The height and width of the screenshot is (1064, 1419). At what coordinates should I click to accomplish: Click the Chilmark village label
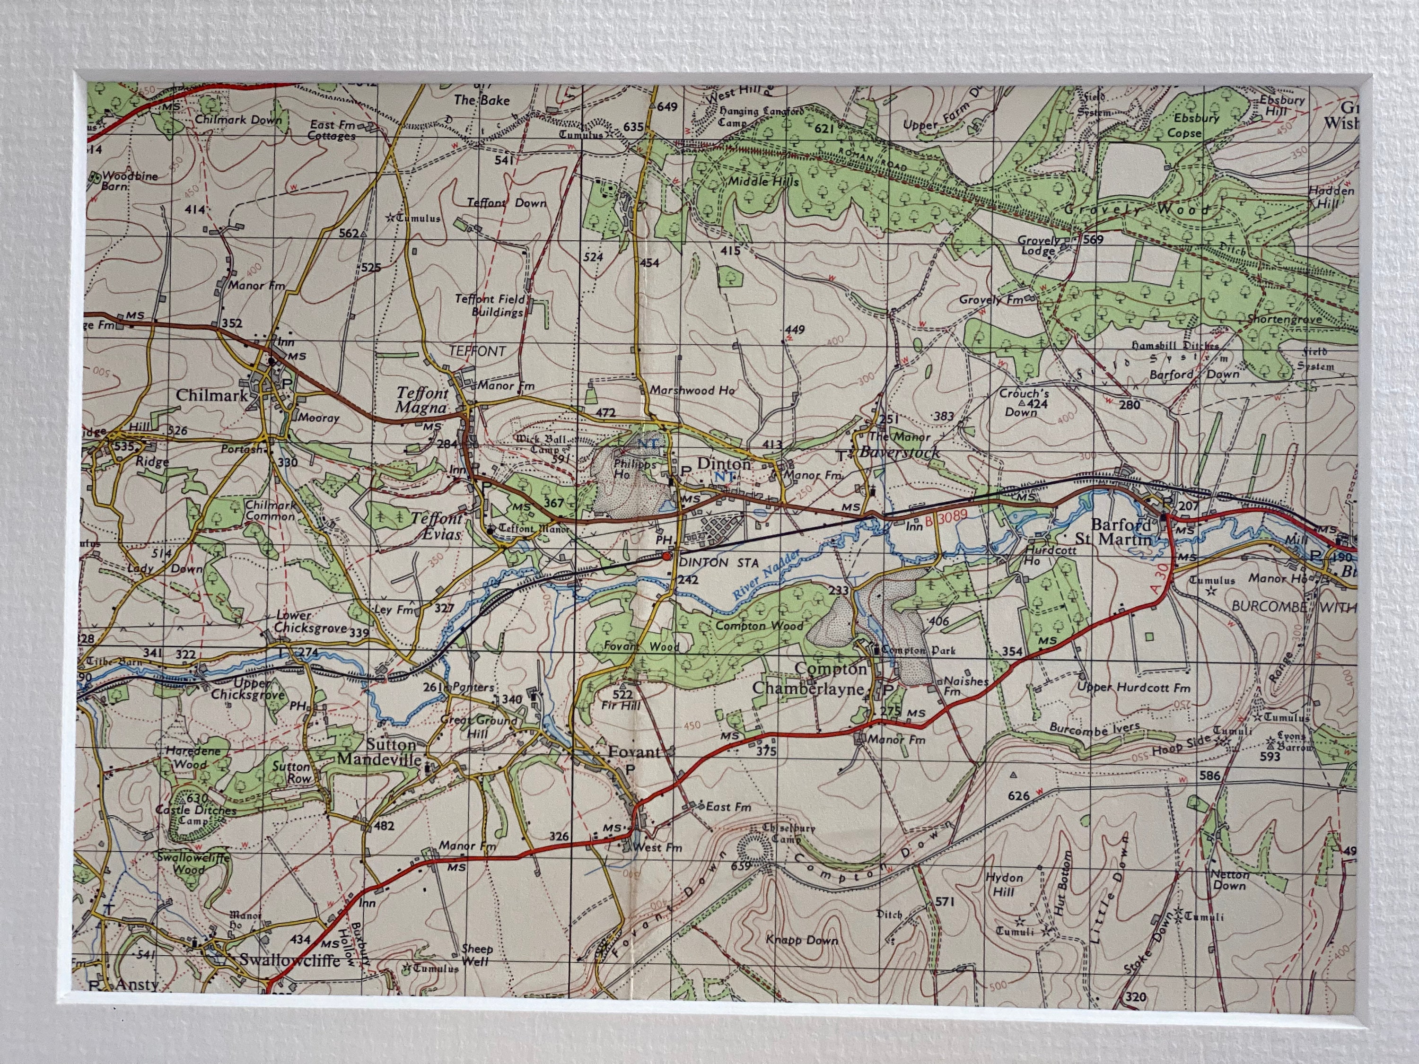tap(212, 395)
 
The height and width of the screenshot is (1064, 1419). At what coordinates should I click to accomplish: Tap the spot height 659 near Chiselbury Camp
tap(740, 866)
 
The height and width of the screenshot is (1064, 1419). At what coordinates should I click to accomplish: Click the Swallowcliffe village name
tap(290, 959)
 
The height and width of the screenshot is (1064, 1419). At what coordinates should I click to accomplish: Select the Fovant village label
tap(633, 752)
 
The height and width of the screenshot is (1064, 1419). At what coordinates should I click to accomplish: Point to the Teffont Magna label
tap(421, 400)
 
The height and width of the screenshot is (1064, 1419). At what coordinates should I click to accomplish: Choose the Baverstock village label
tap(899, 452)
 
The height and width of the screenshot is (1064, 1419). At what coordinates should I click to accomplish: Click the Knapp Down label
tap(802, 940)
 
